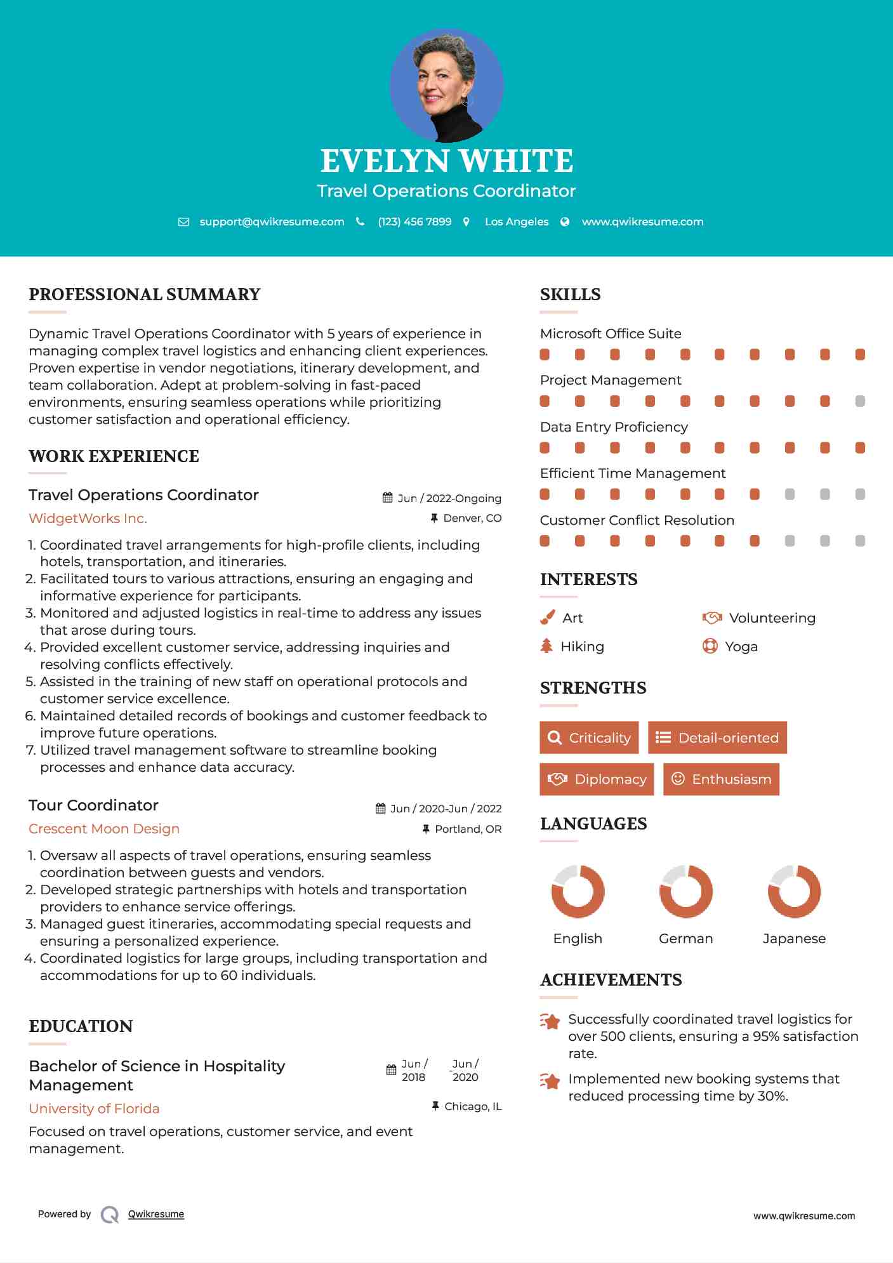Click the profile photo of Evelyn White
coord(446,85)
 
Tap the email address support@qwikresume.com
coord(272,222)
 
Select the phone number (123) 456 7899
coord(414,222)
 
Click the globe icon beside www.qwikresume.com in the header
coord(565,222)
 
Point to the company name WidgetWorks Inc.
coord(88,519)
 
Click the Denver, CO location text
coord(472,519)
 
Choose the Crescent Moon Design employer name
coord(104,829)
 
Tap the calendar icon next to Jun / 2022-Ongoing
coord(388,498)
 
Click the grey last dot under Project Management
coord(860,401)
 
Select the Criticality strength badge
coord(589,737)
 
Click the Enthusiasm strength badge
coord(721,779)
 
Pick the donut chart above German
coord(685,891)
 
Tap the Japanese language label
coord(794,939)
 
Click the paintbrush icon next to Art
coord(547,618)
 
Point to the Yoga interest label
coord(741,647)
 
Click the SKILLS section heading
coord(570,294)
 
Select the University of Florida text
coord(94,1109)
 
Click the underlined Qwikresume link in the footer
coord(156,1214)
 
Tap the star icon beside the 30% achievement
coord(550,1081)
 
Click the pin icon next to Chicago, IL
coord(435,1106)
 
